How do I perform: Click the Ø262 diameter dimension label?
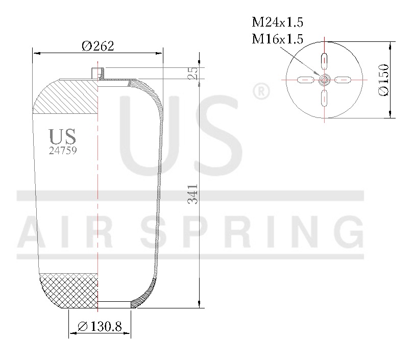98,46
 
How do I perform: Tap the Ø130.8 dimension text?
100,326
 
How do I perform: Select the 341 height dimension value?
193,194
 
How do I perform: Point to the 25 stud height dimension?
193,73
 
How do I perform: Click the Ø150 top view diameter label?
383,80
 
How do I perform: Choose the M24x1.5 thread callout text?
278,22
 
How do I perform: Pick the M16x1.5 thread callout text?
278,39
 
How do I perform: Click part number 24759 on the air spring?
63,151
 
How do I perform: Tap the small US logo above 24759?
62,136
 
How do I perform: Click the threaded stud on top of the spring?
98,73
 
